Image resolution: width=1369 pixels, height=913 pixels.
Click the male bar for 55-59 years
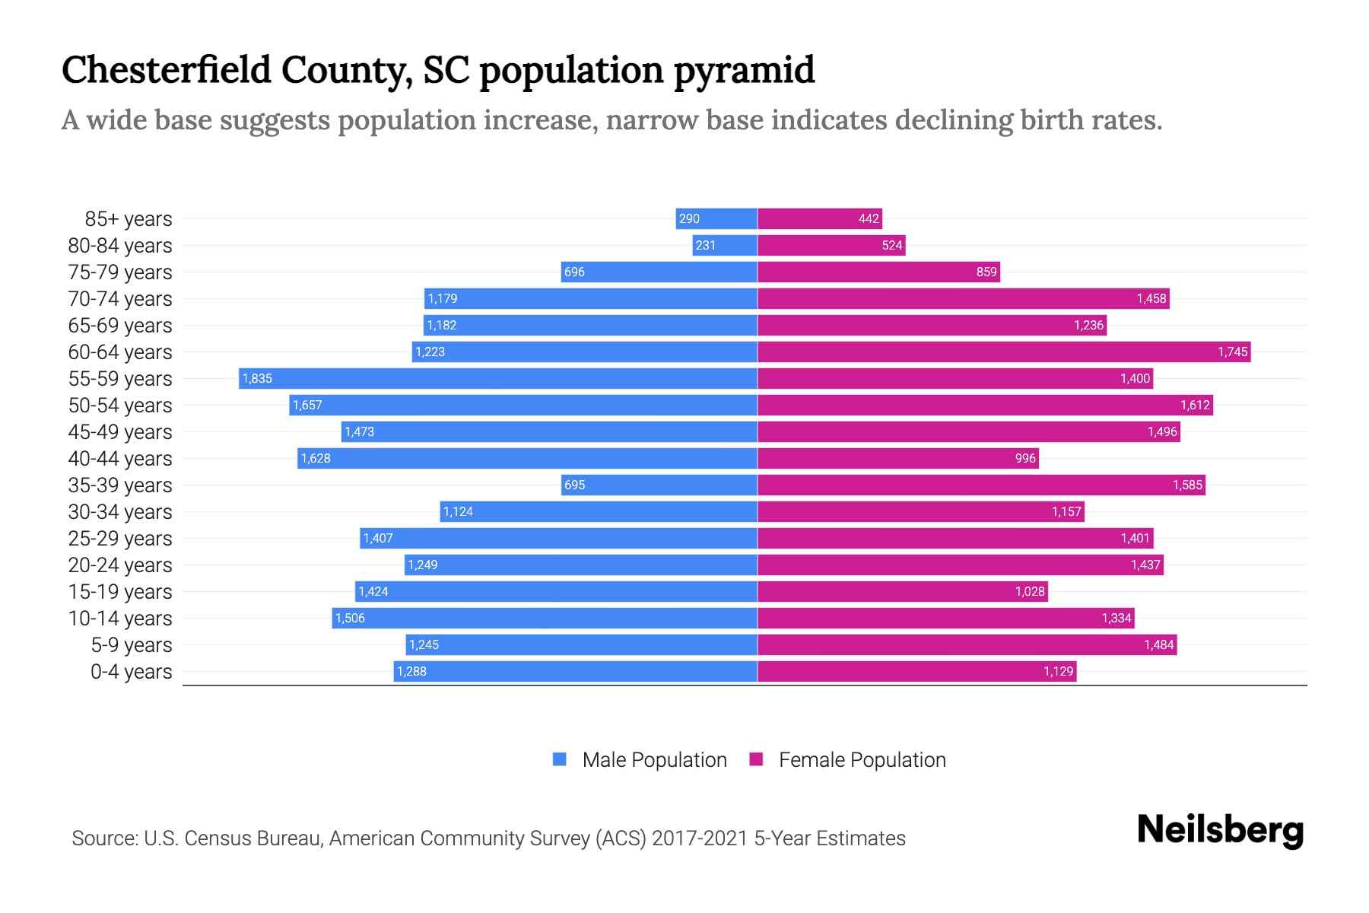[498, 378]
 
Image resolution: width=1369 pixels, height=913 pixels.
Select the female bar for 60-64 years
[1004, 352]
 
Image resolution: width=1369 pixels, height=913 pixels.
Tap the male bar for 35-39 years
[659, 485]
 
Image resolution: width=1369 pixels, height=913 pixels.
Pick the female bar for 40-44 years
[897, 458]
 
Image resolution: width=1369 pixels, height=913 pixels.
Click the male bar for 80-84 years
[725, 245]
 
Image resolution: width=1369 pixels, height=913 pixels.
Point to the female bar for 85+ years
[820, 218]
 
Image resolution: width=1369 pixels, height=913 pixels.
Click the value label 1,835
[257, 378]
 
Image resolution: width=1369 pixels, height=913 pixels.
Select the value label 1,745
[1232, 352]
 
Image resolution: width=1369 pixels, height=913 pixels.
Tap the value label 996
[1025, 458]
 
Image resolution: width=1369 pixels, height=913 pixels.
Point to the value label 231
[705, 245]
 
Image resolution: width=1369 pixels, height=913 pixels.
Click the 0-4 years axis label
[131, 672]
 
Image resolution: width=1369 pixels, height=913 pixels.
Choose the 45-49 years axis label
[120, 431]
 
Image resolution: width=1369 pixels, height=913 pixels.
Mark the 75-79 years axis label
[120, 272]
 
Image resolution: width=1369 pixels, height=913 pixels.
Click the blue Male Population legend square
[560, 759]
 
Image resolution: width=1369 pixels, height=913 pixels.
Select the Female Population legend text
[862, 759]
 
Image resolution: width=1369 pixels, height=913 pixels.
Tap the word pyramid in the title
[744, 71]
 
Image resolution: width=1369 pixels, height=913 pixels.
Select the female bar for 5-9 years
[966, 644]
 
